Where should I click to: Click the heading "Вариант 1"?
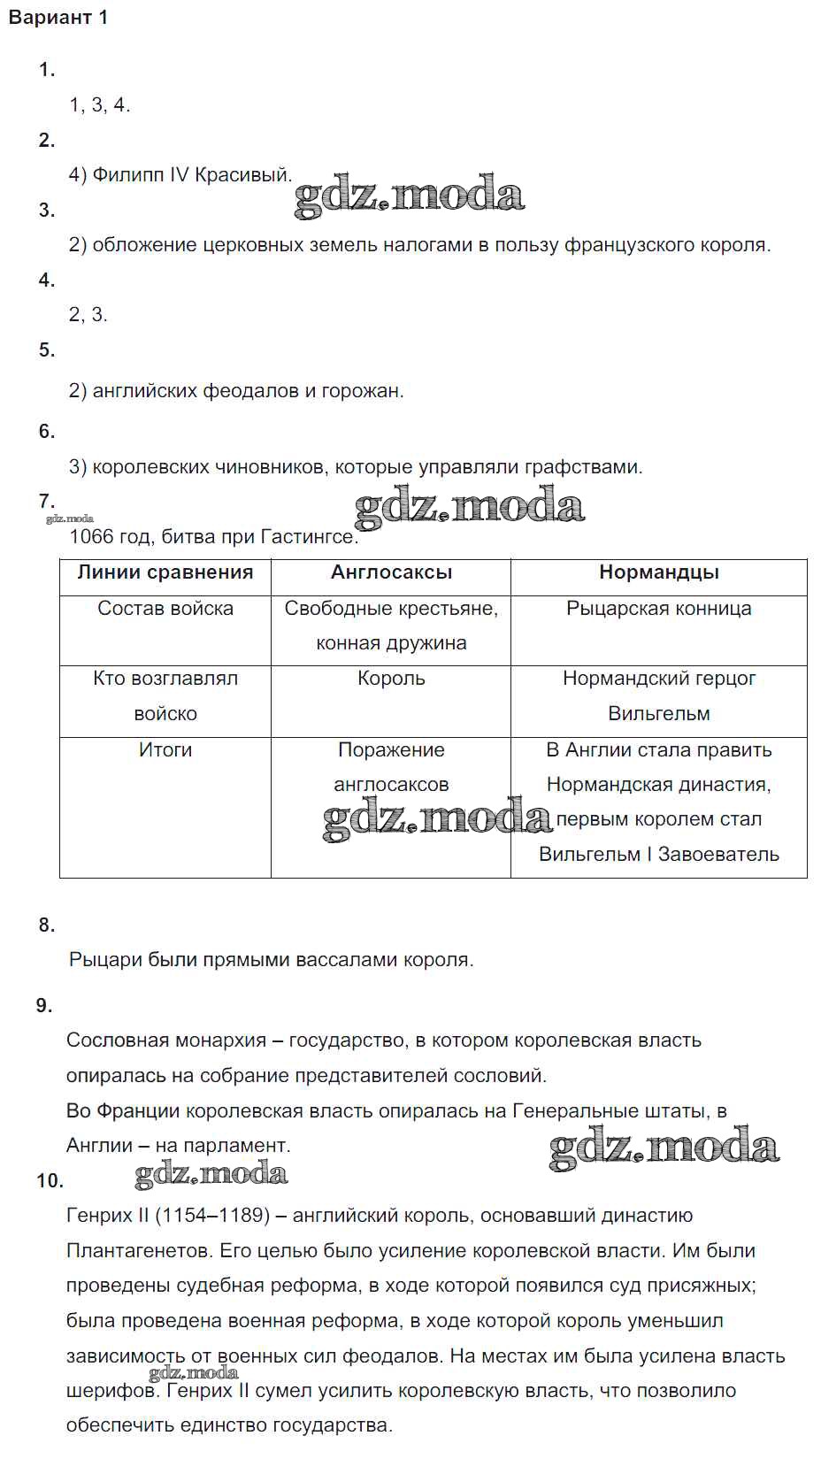58,18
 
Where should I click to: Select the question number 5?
47,350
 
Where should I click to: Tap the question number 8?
47,925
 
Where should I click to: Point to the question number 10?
50,1181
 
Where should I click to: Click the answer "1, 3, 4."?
100,105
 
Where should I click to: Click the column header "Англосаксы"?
391,572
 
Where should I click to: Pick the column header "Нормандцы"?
658,572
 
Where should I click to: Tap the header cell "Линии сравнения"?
165,572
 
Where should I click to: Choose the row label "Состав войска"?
165,609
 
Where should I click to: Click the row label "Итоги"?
165,750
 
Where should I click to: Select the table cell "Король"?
391,679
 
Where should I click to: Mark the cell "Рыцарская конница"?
658,609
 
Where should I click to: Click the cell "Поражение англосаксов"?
391,767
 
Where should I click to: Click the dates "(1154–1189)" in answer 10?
212,1217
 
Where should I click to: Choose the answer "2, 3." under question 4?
88,315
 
